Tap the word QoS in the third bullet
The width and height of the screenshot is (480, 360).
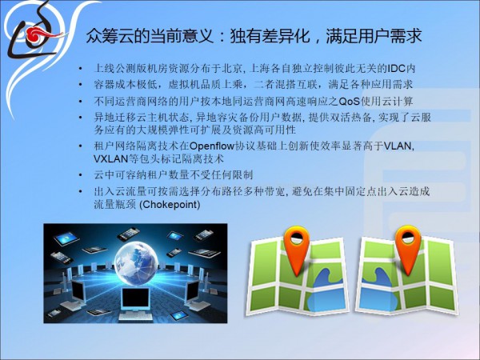coord(350,102)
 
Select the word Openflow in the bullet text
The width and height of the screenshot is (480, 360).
coord(212,146)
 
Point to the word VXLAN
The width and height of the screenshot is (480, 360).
coord(110,159)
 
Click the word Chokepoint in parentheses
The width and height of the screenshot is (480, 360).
coord(170,205)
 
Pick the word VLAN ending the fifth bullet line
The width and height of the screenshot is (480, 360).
coord(398,146)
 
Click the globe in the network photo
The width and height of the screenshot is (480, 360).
coord(136,262)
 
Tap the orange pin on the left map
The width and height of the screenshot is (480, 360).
coord(296,251)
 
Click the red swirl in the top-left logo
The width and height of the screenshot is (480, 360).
coord(40,34)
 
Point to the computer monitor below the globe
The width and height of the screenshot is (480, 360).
coord(135,298)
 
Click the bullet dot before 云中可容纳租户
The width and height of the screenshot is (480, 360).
coord(81,176)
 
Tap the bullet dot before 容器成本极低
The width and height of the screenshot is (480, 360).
coord(81,85)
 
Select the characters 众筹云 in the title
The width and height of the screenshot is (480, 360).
coord(110,36)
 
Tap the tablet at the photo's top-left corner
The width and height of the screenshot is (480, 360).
coord(66,238)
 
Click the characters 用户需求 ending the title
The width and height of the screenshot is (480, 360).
coord(390,36)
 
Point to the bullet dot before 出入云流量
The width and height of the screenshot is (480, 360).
coord(81,192)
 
